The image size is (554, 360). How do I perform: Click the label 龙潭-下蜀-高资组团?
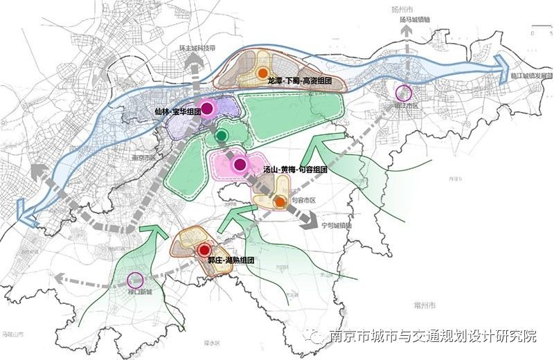coord(299,81)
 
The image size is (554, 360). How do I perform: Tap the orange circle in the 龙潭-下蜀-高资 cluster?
coord(262,72)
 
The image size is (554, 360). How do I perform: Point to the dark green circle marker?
coord(222,135)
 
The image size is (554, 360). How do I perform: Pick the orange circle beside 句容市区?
coord(279,202)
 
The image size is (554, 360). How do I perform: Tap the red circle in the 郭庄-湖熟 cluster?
coord(203,250)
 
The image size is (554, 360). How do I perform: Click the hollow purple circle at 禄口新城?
coord(136,280)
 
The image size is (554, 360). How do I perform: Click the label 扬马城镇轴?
coord(415,21)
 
